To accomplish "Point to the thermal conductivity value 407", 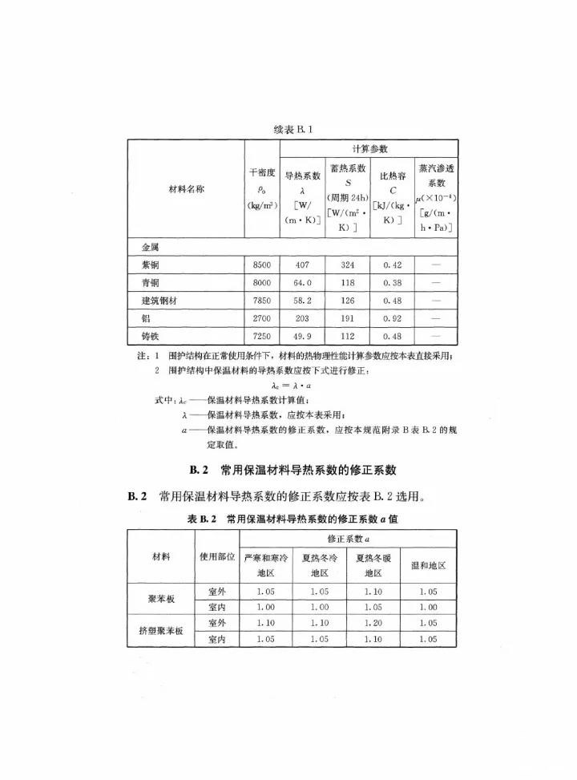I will pos(303,265).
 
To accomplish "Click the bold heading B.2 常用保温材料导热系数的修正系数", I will pos(293,470).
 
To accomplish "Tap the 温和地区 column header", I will pos(427,565).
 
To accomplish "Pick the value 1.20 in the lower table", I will pos(373,622).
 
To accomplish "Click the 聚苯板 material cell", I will pos(161,599).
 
